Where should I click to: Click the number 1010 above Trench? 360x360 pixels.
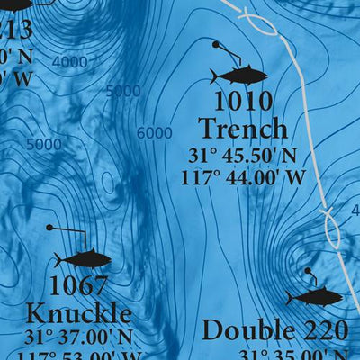pos(243,101)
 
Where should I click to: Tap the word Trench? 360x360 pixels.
pos(243,129)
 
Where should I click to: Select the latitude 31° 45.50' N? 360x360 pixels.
pos(243,154)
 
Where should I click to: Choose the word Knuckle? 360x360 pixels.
pos(78,314)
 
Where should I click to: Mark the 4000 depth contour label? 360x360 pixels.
pos(70,62)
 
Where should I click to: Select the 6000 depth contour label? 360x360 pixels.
pos(155,133)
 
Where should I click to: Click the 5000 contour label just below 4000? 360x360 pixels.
pos(123,91)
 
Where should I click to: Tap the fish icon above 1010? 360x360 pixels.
pos(239,75)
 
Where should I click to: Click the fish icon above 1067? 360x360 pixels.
pos(83,260)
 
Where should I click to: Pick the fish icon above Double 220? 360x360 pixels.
pos(315,296)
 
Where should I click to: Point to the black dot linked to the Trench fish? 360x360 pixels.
pos(216,43)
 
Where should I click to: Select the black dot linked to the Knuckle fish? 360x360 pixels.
pos(49,228)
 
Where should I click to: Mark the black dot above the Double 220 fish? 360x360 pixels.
pos(307,270)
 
